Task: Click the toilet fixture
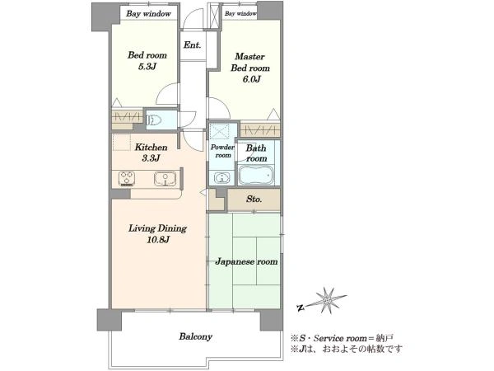pyautogui.click(x=154, y=120)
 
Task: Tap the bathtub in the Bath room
pyautogui.click(x=255, y=175)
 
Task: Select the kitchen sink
pyautogui.click(x=165, y=179)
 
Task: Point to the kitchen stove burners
pyautogui.click(x=127, y=179)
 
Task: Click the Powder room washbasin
pyautogui.click(x=222, y=177)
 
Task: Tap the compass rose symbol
pyautogui.click(x=329, y=299)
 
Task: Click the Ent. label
pyautogui.click(x=192, y=45)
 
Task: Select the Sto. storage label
pyautogui.click(x=254, y=199)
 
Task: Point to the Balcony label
pyautogui.click(x=196, y=336)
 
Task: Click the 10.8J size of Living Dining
pyautogui.click(x=158, y=240)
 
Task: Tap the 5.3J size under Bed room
pyautogui.click(x=147, y=67)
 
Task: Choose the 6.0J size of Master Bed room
pyautogui.click(x=251, y=79)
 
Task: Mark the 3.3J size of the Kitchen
pyautogui.click(x=151, y=158)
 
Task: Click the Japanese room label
pyautogui.click(x=247, y=261)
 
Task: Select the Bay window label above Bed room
pyautogui.click(x=148, y=14)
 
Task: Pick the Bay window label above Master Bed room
pyautogui.click(x=241, y=13)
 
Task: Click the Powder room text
pyautogui.click(x=223, y=151)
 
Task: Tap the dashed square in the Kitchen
pyautogui.click(x=121, y=143)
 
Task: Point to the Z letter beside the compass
pyautogui.click(x=301, y=308)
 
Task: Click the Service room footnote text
pyautogui.click(x=343, y=339)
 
